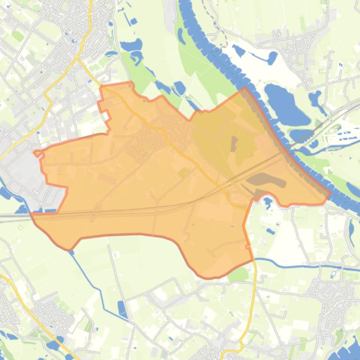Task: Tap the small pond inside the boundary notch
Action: [x=268, y=202]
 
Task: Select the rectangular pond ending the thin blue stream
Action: [x=122, y=309]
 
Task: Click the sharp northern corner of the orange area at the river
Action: [x=244, y=87]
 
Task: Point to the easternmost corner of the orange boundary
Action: [x=331, y=192]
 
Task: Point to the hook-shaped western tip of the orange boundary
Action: [x=37, y=153]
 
